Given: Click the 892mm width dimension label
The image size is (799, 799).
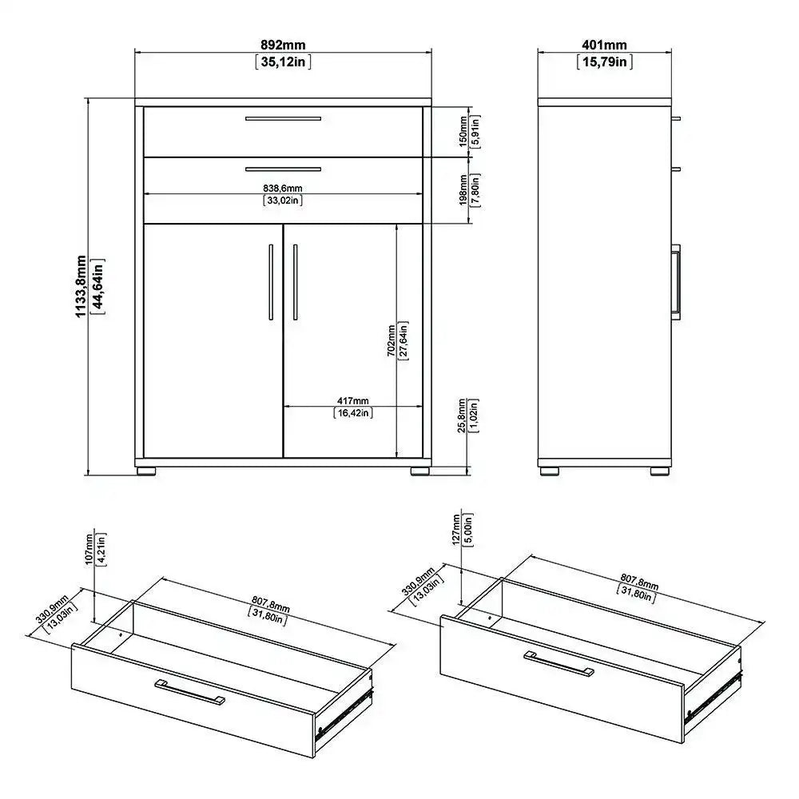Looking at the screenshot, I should point(283,46).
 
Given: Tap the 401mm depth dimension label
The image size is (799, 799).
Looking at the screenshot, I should point(604,46).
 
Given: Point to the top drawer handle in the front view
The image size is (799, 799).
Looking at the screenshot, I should point(283,118).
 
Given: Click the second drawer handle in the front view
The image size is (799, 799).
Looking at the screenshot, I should point(283,169).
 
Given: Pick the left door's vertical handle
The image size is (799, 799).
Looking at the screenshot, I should point(271,280).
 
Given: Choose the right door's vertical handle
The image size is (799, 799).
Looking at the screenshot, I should point(295,280).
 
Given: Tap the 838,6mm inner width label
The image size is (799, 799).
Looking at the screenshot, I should point(283,188).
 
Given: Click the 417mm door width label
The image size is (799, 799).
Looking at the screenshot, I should point(352,399).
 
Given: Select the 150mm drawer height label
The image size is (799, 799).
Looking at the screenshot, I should point(463,130).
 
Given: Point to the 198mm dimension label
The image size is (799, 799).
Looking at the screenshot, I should point(463,189).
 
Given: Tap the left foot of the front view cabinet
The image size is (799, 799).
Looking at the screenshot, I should point(145,471).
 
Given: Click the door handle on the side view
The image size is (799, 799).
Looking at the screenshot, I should point(677,281).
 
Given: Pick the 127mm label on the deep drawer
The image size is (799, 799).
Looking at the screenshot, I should point(456,528).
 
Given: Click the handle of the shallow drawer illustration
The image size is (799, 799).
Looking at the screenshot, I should point(190,692).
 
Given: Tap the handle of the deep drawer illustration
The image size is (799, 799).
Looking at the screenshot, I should point(559,663).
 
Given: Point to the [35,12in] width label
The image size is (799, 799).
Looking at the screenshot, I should point(283,62).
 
